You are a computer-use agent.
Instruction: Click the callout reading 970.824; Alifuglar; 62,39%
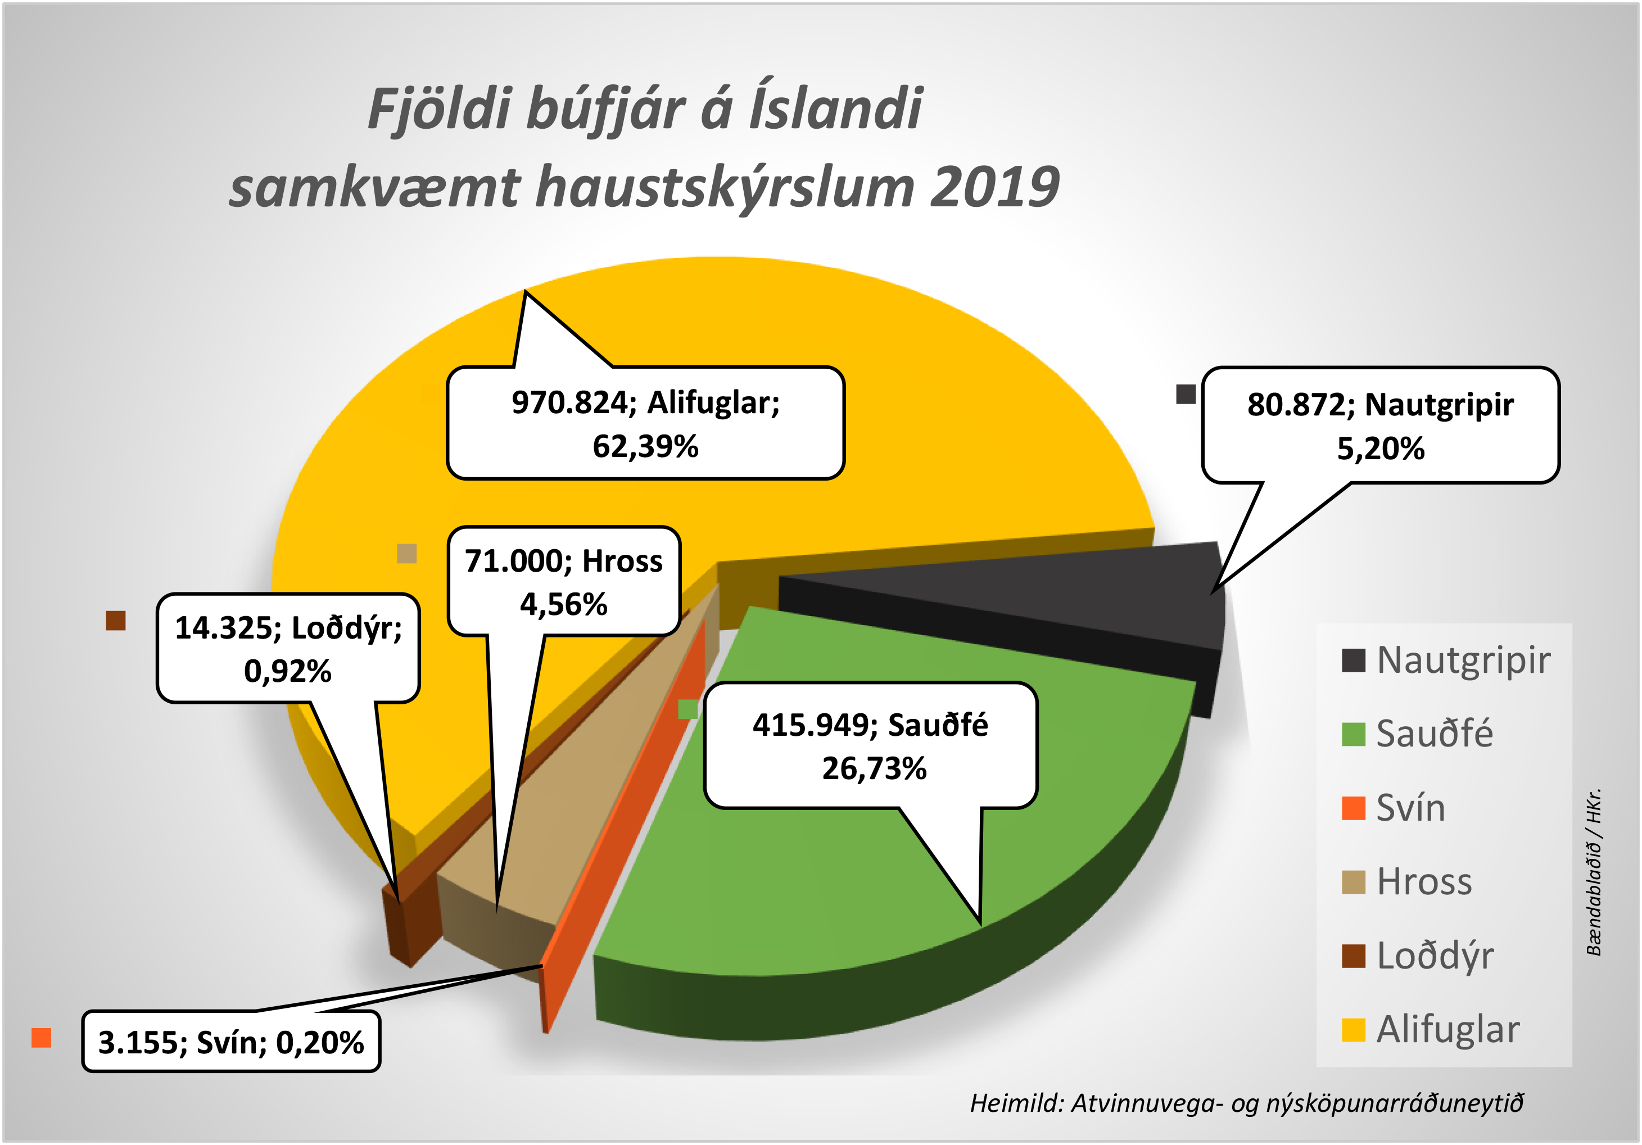click(x=645, y=423)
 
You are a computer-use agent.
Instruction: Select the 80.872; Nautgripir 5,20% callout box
click(x=1380, y=426)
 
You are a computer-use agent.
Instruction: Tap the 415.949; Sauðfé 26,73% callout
click(x=870, y=746)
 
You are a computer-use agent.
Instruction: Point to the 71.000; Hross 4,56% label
click(x=564, y=581)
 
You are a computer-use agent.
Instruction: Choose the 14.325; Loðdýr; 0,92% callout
click(x=288, y=649)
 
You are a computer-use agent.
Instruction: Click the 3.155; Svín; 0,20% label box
click(x=231, y=1042)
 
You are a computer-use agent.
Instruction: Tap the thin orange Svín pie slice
click(x=630, y=787)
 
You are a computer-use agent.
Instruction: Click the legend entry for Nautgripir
click(x=1446, y=660)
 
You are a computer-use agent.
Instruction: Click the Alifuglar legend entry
click(x=1430, y=1030)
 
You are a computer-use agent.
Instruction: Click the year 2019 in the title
click(x=994, y=187)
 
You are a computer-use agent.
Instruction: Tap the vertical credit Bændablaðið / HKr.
click(x=1593, y=872)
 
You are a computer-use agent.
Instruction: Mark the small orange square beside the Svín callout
click(x=42, y=1038)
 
